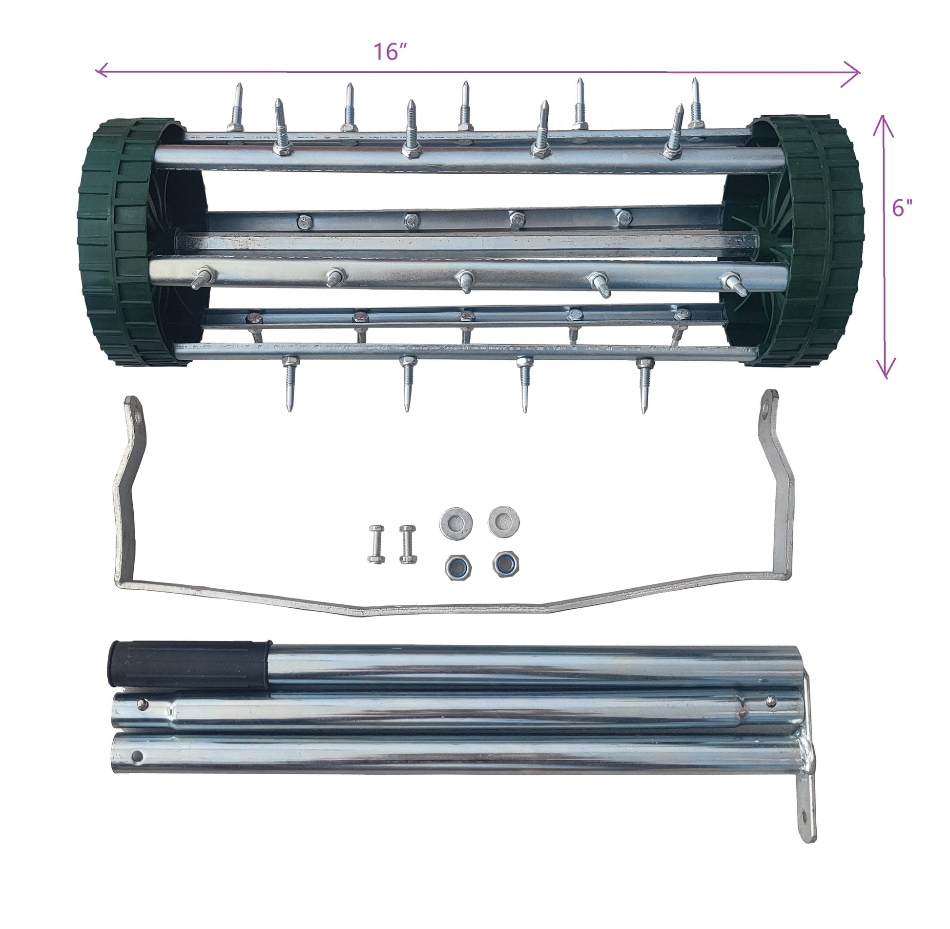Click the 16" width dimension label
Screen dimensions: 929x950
point(390,52)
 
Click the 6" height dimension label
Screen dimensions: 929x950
point(902,208)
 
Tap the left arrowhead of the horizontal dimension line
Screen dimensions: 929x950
point(99,71)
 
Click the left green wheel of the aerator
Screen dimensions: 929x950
point(127,242)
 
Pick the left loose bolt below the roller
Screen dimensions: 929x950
point(376,544)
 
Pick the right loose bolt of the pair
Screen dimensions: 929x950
point(408,544)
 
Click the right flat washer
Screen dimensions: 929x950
point(504,521)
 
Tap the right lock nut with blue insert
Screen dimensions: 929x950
point(505,564)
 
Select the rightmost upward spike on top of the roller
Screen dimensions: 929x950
point(696,103)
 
